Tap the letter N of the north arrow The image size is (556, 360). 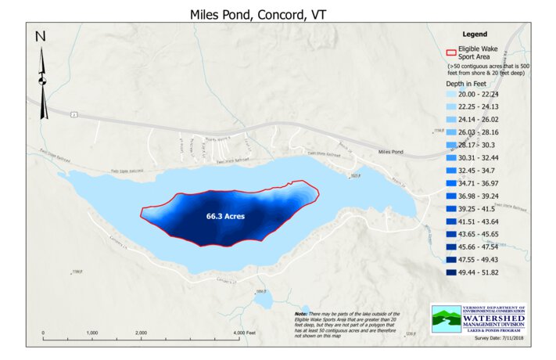(x=41, y=37)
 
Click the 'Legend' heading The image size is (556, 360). (x=475, y=34)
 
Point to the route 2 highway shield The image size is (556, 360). (x=74, y=114)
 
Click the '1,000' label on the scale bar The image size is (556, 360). (x=91, y=333)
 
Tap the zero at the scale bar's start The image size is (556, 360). (x=42, y=333)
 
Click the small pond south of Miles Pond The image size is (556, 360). (x=263, y=300)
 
